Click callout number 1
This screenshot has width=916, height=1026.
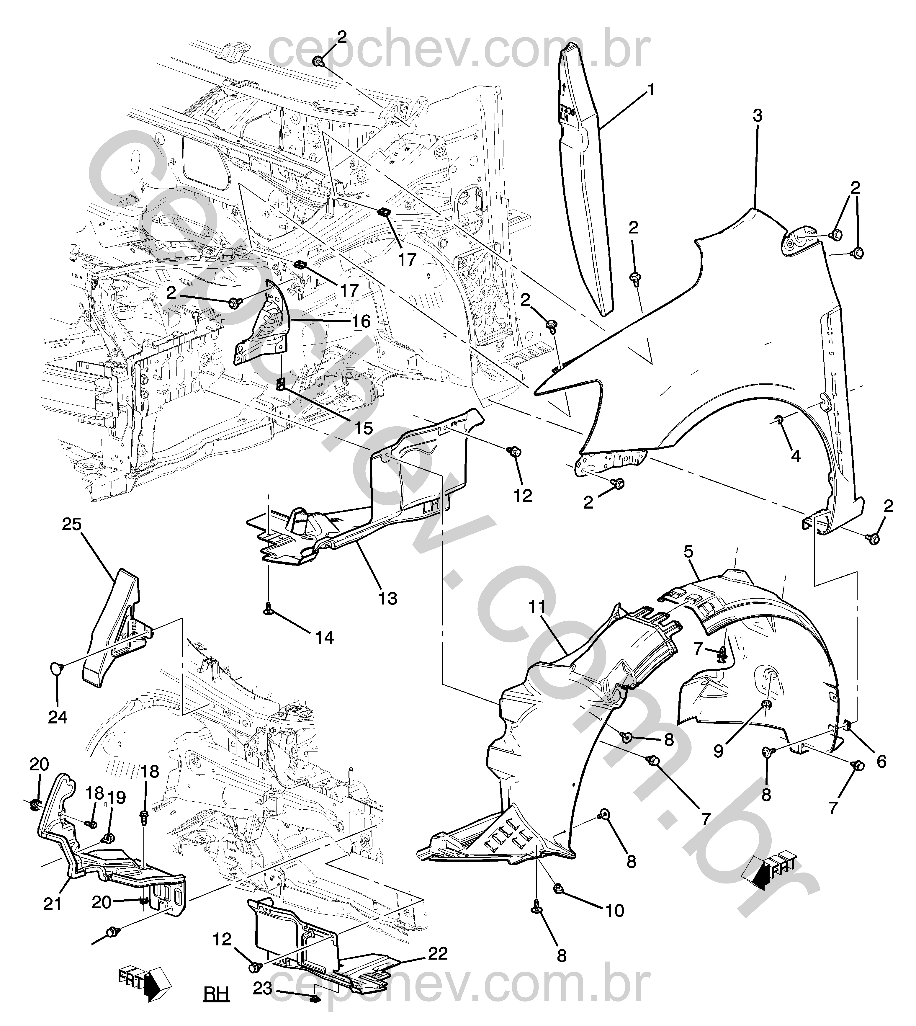(651, 90)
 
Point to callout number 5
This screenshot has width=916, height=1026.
(688, 551)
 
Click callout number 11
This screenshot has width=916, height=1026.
(537, 608)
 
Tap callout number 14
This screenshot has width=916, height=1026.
(325, 638)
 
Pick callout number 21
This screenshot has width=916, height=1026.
(52, 905)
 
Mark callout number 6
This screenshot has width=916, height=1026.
(881, 761)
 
